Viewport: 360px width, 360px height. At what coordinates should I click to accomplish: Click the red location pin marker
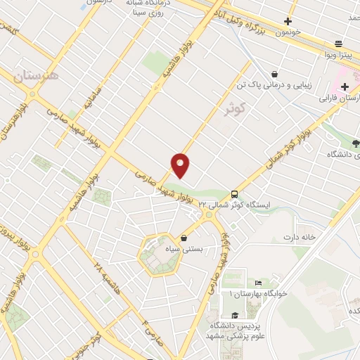(x=181, y=165)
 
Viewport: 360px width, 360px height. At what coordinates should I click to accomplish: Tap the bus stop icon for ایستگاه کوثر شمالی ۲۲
(x=234, y=194)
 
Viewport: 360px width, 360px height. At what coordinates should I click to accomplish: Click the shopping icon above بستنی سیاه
(x=184, y=238)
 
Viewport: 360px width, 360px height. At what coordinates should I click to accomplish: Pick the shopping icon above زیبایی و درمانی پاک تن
(x=274, y=73)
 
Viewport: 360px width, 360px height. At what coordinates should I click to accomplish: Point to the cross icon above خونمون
(x=288, y=21)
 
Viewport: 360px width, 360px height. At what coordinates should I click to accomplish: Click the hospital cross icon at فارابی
(x=344, y=88)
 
